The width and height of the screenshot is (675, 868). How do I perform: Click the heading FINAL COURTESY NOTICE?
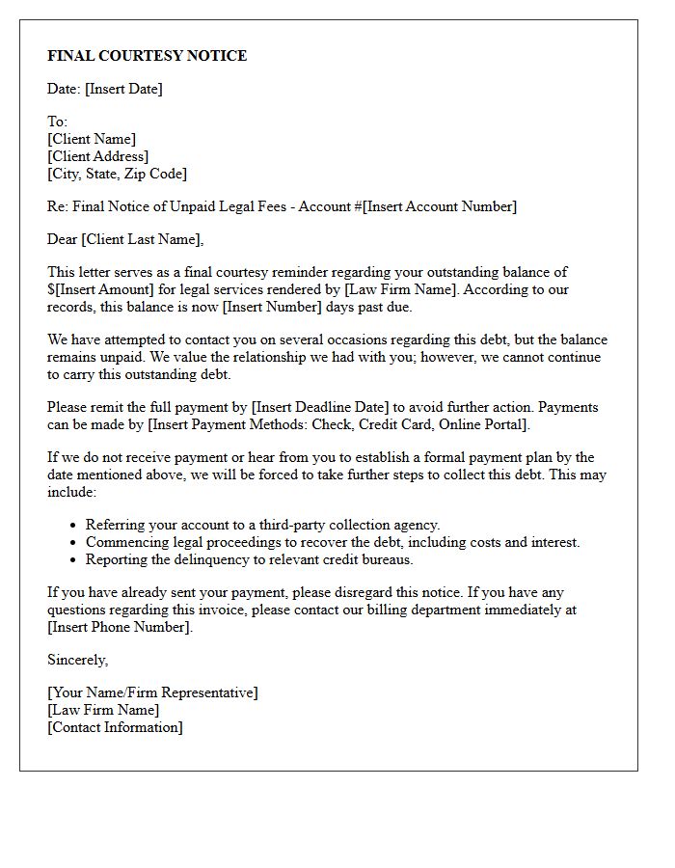[147, 56]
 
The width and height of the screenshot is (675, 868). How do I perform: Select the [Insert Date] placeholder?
[123, 89]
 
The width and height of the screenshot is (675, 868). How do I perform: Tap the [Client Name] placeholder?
[92, 139]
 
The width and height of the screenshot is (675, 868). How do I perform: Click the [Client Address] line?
[97, 156]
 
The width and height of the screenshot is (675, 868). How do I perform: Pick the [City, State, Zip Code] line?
[117, 174]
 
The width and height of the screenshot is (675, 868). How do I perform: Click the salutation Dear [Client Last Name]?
[125, 239]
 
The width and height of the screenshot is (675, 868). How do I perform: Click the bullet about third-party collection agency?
[262, 525]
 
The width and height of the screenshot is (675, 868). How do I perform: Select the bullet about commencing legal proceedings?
[333, 542]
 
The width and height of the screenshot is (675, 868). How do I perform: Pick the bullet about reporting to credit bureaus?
[249, 559]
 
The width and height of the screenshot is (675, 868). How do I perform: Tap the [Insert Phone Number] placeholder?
[120, 627]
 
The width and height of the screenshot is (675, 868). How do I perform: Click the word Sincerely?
[77, 660]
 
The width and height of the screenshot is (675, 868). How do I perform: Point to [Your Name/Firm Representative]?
[152, 692]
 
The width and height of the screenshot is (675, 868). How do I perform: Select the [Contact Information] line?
[115, 727]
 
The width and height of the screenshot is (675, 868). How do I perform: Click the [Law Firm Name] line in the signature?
[103, 710]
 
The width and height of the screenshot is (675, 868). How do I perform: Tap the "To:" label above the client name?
[57, 122]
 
